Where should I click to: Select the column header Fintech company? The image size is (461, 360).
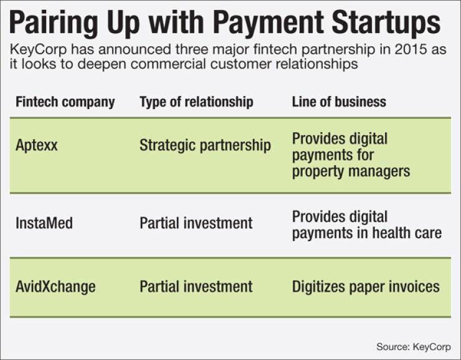[x=65, y=102]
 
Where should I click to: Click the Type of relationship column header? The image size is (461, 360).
[x=196, y=102]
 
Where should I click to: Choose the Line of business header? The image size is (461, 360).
[x=339, y=102]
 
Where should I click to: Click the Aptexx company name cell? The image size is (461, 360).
[x=37, y=146]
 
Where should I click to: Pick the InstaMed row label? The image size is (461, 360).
[x=44, y=222]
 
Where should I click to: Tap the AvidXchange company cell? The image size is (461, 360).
[x=55, y=287]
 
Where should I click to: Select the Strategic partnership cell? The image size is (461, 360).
[x=205, y=146]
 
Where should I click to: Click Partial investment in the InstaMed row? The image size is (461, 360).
[x=196, y=222]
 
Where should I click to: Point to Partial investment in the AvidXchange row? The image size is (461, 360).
[x=196, y=287]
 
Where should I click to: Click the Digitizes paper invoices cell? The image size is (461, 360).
[x=366, y=287]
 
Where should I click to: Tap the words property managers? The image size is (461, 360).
[x=351, y=171]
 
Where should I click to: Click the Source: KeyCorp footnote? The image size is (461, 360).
[x=413, y=346]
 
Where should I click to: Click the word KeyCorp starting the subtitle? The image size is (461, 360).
[x=36, y=50]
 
